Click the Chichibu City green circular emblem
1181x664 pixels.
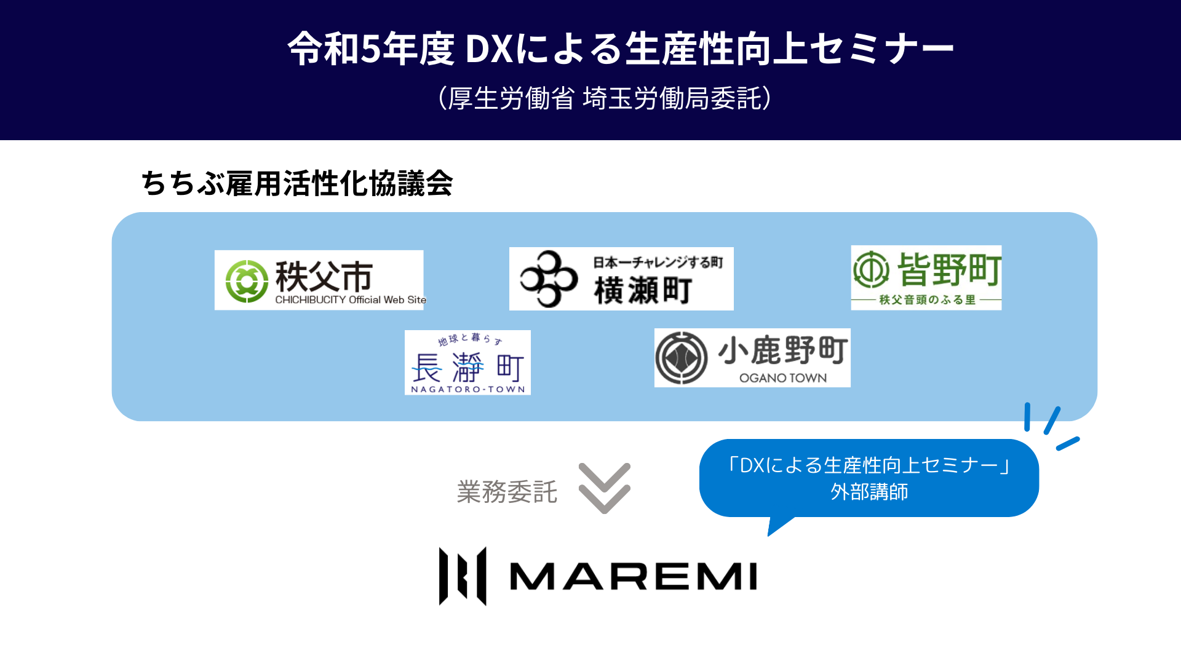tap(247, 281)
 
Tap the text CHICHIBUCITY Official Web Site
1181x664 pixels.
tap(350, 300)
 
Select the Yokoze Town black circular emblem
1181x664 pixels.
tap(548, 279)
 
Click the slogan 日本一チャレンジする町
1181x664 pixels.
tap(658, 263)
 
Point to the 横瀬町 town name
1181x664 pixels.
tap(643, 291)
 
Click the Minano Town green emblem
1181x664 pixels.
tap(871, 269)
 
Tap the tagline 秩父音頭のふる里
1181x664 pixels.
tap(927, 300)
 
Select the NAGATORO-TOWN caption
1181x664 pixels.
tap(467, 389)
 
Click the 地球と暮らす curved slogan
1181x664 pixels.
tap(470, 339)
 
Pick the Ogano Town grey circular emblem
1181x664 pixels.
tap(681, 358)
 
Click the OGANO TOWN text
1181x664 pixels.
tap(782, 378)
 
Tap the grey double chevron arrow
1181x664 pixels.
tap(604, 488)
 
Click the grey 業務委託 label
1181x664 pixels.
tap(507, 492)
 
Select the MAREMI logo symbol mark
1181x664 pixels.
tap(463, 576)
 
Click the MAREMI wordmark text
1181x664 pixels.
tap(633, 577)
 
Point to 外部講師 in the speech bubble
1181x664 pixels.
tap(869, 492)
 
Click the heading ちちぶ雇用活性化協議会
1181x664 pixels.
tap(297, 183)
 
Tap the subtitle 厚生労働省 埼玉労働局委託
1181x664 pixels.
tap(604, 98)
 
